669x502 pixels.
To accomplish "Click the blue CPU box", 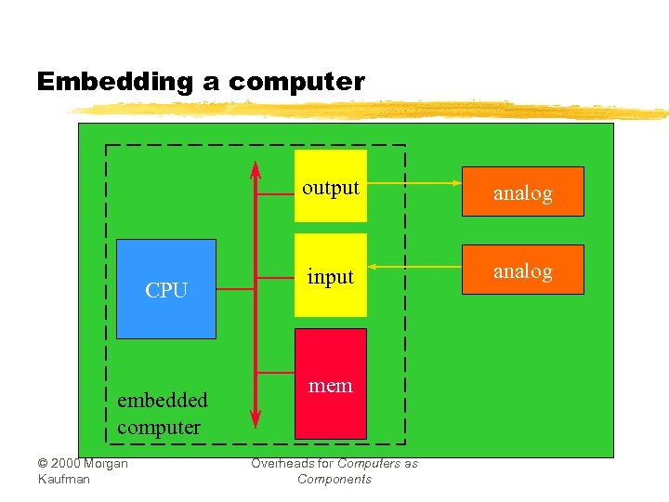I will tap(165, 288).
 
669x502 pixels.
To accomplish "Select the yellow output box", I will tap(331, 186).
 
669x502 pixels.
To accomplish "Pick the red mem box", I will tap(331, 383).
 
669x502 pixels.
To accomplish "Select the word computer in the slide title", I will tap(296, 82).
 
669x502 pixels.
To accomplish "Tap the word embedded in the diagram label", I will tap(163, 400).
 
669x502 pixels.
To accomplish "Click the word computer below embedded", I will tap(159, 428).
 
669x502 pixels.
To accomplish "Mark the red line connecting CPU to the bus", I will tap(235, 289).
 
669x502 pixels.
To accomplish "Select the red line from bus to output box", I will tap(275, 194).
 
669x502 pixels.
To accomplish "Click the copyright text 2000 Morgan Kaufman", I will tap(82, 470).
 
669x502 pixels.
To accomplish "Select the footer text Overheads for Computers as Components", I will tap(334, 471).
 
